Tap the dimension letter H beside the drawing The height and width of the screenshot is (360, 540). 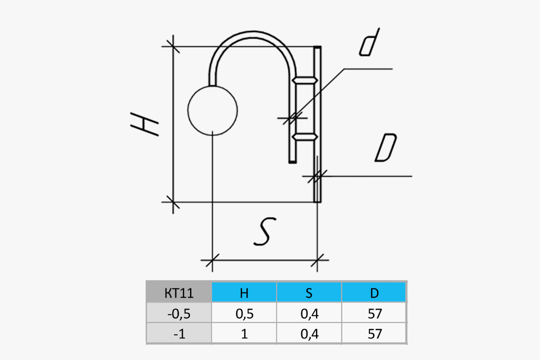144,124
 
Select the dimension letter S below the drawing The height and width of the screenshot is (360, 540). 265,231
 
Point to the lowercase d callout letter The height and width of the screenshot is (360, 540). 369,41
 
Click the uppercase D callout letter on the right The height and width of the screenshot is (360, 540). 385,148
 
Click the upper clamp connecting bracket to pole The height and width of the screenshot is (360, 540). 304,80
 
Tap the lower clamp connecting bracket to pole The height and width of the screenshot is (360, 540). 304,137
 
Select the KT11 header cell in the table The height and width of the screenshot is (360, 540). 179,292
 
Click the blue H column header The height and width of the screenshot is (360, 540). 244,292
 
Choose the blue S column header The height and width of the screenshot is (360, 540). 309,292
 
